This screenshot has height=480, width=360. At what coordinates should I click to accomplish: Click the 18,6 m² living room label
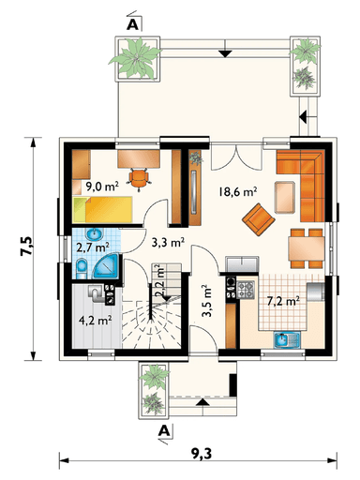coord(238,191)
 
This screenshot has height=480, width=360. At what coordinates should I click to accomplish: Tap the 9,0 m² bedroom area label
coord(102,187)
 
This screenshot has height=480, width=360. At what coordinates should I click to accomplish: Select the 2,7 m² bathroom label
coord(93,247)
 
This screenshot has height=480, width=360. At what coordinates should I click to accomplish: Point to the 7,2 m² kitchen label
coord(284,301)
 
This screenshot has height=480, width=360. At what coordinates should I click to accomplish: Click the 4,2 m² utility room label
coord(96,321)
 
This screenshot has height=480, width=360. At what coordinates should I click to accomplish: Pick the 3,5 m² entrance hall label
coord(206,302)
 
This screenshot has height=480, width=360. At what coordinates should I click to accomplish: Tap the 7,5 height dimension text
coord(26,247)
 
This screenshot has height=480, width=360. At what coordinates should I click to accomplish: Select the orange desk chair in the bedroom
coord(139,178)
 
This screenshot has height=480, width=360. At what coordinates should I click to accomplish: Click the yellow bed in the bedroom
coord(102,209)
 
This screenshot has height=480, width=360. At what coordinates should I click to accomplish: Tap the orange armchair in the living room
coord(259,219)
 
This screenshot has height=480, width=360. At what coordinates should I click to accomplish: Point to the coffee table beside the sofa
coord(284,198)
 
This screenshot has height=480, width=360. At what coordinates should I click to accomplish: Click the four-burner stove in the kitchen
coord(246,290)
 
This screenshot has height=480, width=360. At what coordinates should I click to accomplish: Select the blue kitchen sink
coord(287,339)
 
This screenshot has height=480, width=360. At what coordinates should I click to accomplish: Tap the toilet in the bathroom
coord(82,268)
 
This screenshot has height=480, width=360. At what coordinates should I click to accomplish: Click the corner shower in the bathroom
coord(106,265)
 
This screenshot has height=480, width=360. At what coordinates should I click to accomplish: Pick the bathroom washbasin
coord(95,233)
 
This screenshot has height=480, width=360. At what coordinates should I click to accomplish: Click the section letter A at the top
coord(132,25)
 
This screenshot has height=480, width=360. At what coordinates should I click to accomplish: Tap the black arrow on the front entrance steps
coord(202,402)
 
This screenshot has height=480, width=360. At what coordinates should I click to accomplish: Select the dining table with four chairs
coord(307,248)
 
